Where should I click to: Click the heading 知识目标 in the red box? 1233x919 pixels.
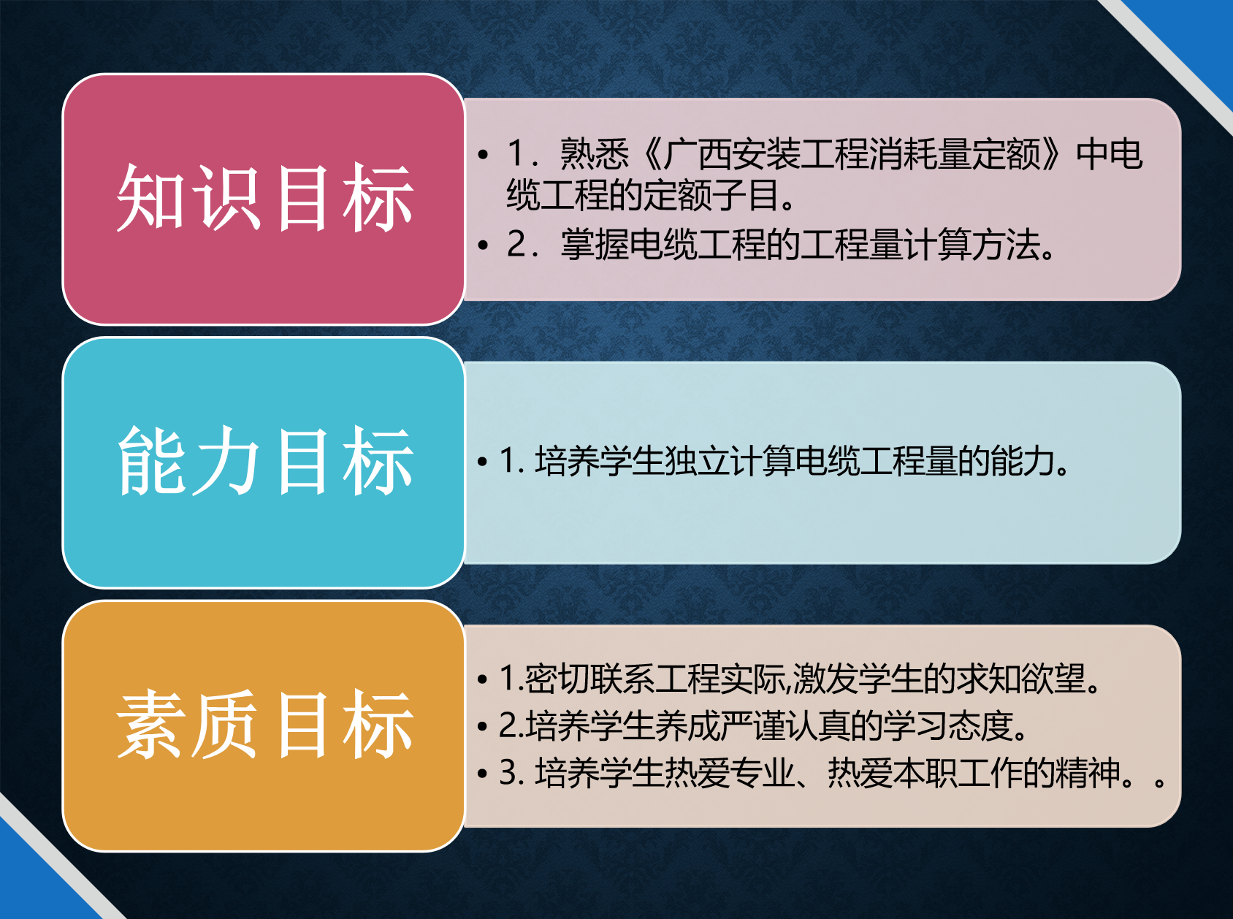point(265,198)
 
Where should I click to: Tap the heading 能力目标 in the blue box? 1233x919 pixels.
point(265,461)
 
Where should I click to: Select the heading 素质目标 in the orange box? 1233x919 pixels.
point(265,724)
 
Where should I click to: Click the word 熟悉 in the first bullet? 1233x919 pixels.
point(595,154)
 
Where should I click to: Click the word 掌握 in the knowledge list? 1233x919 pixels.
point(595,244)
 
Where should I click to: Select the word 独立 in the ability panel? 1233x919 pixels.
point(697,461)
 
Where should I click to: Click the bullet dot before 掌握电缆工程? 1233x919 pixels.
point(483,245)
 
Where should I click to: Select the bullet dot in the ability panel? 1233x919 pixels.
point(482,462)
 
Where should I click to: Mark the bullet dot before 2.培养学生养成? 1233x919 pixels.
point(482,727)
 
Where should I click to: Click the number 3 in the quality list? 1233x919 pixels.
point(508,773)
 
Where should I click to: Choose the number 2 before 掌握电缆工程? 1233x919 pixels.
point(517,244)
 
